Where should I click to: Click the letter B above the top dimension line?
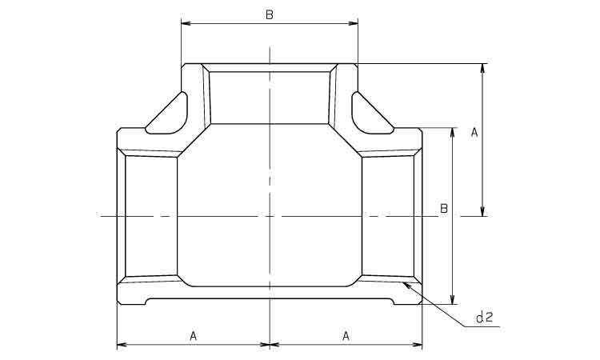[x=270, y=15]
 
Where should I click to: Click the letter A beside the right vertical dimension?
[x=474, y=133]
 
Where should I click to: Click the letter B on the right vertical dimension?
[x=444, y=209]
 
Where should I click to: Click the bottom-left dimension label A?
[x=194, y=336]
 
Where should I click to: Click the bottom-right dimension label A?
[x=346, y=336]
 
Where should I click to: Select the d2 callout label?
[x=484, y=317]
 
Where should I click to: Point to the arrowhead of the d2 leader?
[x=406, y=285]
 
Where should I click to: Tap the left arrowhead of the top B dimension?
[x=186, y=24]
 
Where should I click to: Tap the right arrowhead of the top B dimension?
[x=353, y=24]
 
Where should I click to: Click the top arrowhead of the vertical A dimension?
[x=482, y=69]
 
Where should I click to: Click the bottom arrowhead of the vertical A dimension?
[x=482, y=211]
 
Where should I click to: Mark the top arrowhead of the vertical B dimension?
[x=453, y=133]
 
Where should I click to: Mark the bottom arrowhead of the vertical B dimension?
[x=453, y=299]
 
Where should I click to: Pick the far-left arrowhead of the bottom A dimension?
[x=122, y=345]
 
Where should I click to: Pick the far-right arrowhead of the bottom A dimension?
[x=418, y=345]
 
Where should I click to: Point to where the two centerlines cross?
[x=270, y=217]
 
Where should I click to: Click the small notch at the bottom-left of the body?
[x=146, y=302]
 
